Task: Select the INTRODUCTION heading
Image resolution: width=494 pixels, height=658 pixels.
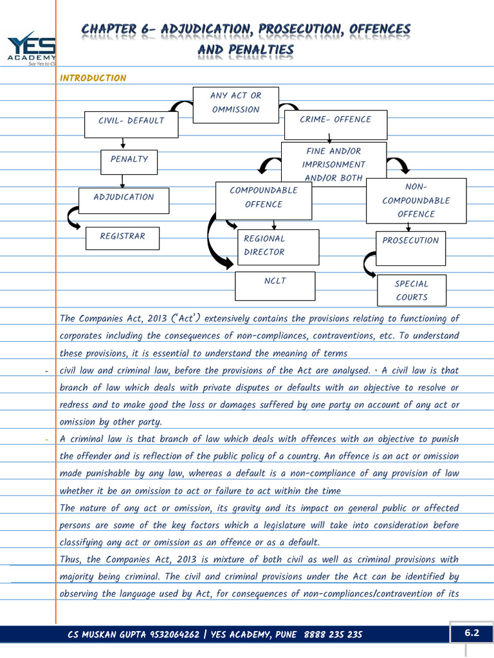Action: point(93,78)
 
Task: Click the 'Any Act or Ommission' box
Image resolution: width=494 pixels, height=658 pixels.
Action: point(236,102)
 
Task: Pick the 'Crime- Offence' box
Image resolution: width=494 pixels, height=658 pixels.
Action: point(335,125)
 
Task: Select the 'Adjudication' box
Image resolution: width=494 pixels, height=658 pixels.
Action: point(123,200)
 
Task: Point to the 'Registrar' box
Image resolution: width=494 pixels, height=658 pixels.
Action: point(122,238)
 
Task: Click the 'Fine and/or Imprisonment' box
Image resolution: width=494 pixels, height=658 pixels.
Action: point(333,164)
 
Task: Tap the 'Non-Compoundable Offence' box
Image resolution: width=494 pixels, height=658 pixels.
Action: point(416,200)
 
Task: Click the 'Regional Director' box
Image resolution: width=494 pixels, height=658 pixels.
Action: point(278,247)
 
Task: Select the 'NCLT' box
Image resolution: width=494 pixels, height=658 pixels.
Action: point(275,285)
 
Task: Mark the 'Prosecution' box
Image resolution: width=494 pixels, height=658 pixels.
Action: point(410,248)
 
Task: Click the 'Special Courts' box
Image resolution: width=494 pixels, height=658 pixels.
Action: point(411,290)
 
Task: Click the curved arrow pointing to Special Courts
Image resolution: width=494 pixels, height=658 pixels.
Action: point(369,265)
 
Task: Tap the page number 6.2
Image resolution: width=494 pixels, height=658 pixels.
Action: point(472,633)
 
